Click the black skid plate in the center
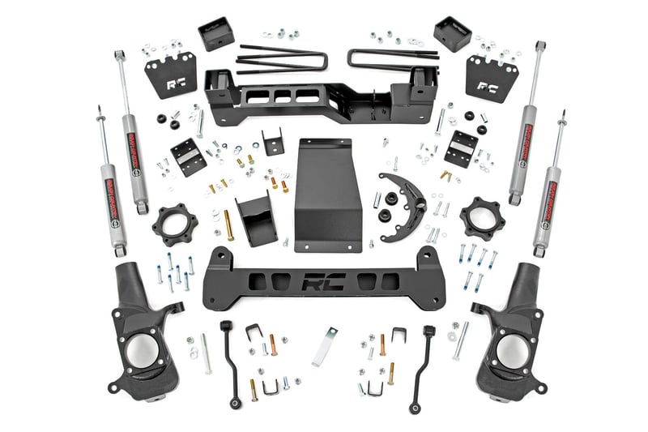(326, 195)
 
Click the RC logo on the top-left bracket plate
(176, 83)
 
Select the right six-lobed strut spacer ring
(481, 218)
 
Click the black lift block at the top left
(216, 33)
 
